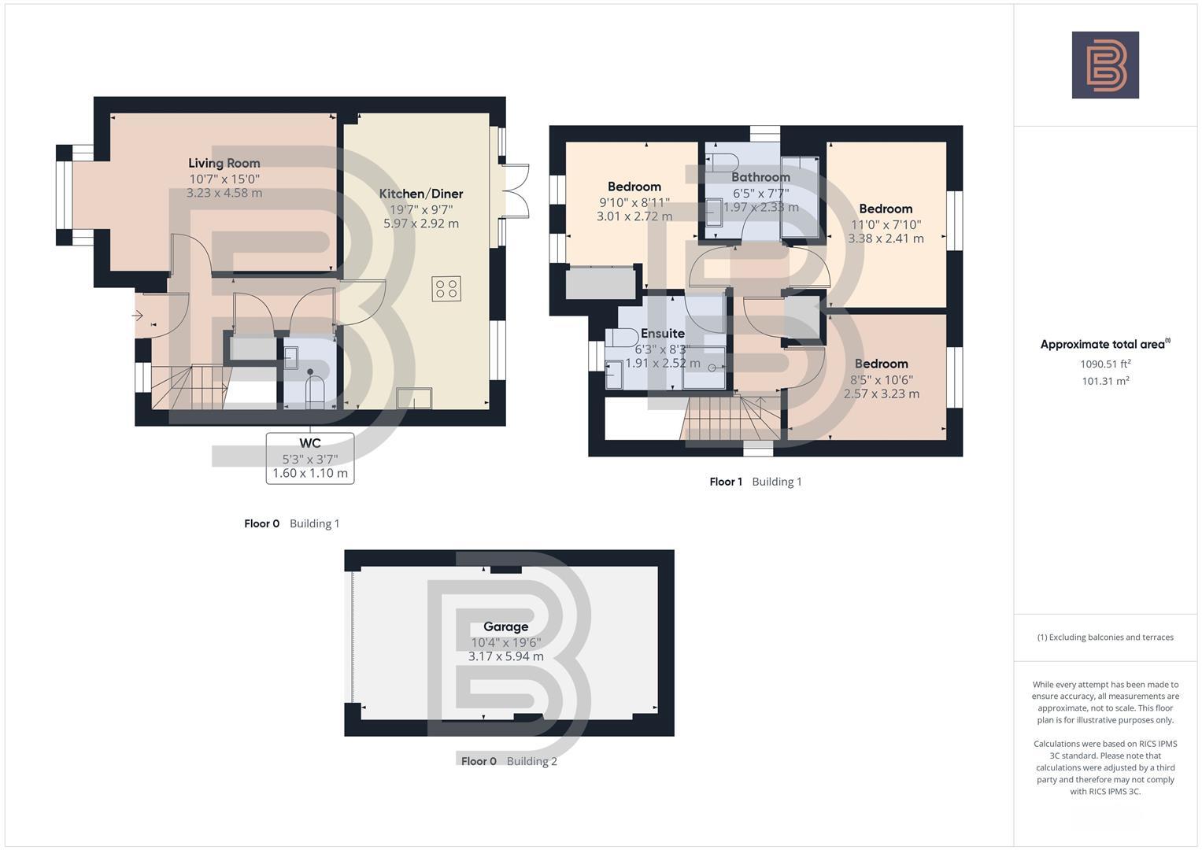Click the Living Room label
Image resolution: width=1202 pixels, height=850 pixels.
[224, 163]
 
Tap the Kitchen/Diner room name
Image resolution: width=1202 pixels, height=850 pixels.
[420, 194]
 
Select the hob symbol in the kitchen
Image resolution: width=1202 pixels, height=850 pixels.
[446, 289]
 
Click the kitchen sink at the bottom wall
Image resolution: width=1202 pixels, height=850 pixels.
[414, 398]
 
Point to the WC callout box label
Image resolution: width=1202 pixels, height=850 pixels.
[309, 443]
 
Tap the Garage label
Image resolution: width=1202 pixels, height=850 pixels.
[505, 626]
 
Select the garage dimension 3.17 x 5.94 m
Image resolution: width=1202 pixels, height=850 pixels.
[505, 656]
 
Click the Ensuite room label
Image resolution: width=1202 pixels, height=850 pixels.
[662, 333]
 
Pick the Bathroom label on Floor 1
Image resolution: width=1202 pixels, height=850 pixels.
[760, 177]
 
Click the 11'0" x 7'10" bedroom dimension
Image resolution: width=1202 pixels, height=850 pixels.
[886, 224]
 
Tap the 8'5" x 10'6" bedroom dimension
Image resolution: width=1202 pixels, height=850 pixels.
[881, 379]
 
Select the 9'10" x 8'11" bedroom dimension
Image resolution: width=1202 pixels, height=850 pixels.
[634, 202]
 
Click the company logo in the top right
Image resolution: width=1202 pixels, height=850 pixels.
[1105, 65]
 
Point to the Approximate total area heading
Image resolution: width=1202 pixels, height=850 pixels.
[1104, 344]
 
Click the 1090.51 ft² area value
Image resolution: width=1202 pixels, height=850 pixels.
[1104, 364]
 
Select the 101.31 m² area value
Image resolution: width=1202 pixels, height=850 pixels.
[1104, 381]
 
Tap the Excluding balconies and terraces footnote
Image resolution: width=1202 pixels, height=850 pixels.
[1104, 637]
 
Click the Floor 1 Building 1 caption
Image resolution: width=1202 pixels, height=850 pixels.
[755, 482]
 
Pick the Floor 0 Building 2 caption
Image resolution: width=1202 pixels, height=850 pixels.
[509, 761]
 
